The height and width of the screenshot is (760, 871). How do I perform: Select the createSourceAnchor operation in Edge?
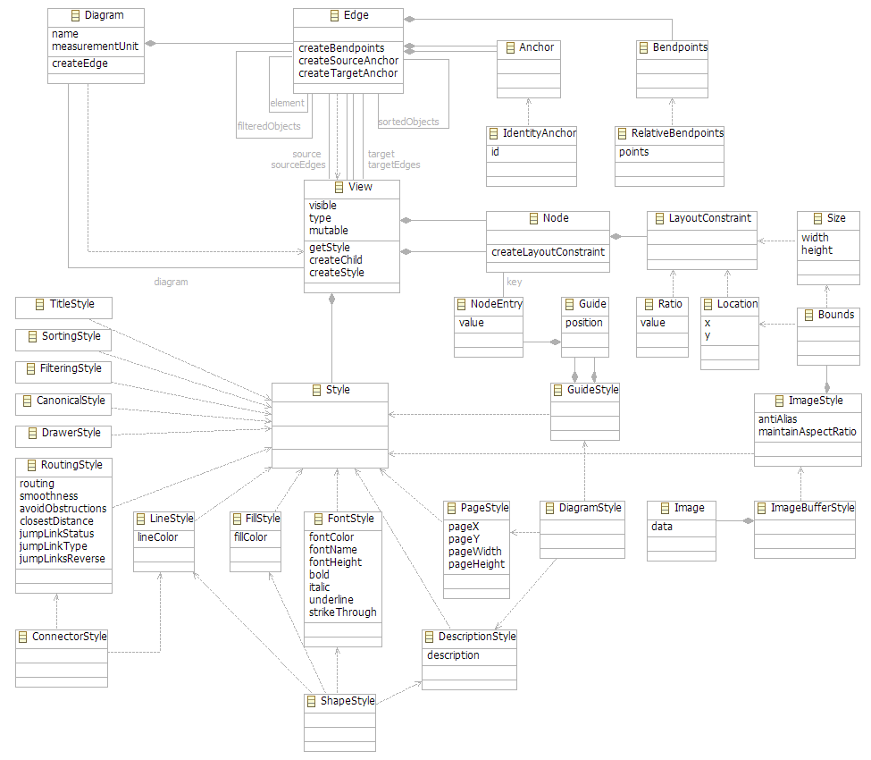point(348,61)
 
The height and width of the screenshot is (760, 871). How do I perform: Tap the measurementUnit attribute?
point(95,46)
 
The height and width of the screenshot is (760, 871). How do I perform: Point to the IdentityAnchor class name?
point(539,133)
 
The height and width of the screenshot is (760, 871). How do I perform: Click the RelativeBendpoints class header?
point(676,133)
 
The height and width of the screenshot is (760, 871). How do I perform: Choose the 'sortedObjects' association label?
point(408,122)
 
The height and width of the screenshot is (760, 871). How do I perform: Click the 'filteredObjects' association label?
point(268,127)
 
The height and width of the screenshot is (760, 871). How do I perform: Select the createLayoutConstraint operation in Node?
point(548,252)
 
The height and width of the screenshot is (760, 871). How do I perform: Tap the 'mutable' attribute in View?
point(328,231)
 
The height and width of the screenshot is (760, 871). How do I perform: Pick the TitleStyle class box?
point(64,308)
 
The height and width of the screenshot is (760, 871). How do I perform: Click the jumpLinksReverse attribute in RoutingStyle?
point(62,559)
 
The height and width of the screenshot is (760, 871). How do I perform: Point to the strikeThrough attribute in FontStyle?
point(342,612)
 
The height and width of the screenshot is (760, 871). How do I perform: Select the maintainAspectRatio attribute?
point(807,432)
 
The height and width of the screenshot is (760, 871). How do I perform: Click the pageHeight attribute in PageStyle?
point(476,564)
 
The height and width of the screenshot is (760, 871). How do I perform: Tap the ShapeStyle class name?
point(348,701)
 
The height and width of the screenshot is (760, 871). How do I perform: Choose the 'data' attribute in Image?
point(662,527)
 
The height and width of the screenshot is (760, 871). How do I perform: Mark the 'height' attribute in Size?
point(817,250)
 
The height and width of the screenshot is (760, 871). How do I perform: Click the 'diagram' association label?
point(171,282)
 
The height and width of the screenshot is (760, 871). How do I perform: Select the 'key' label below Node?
point(514,282)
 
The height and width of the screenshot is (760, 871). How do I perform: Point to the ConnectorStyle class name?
point(69,637)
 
